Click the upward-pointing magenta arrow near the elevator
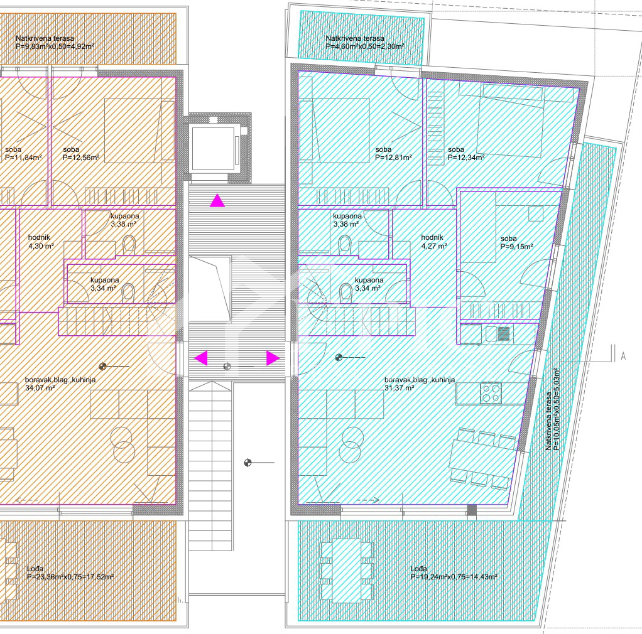tap(217, 201)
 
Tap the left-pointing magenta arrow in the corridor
tap(200, 358)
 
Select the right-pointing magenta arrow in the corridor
tap(273, 358)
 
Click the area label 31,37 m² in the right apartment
tap(399, 388)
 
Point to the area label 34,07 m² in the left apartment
tap(40, 388)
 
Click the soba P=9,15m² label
tap(516, 243)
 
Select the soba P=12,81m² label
tap(393, 154)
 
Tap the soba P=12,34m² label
tap(465, 154)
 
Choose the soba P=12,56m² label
tap(81, 154)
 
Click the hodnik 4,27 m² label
tap(433, 242)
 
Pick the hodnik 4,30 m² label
tap(41, 242)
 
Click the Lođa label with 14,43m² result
tap(454, 572)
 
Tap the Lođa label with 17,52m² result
tap(70, 572)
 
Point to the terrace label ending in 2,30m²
tap(364, 42)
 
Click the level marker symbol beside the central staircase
tap(248, 463)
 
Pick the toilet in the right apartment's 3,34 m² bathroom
tap(345, 292)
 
